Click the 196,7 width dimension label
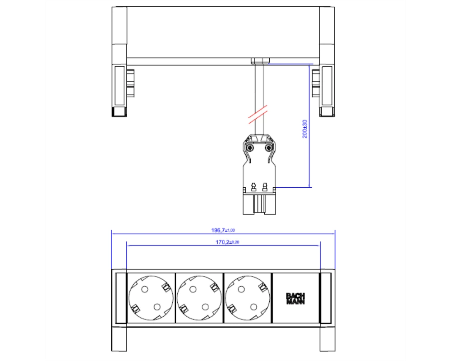click(x=223, y=230)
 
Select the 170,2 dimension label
click(x=227, y=242)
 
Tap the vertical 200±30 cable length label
click(x=305, y=129)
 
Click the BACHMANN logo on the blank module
click(x=295, y=299)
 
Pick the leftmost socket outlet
click(x=151, y=298)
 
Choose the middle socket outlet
click(x=199, y=298)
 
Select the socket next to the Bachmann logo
click(x=248, y=298)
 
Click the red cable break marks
click(x=258, y=115)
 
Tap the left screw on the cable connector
click(x=250, y=148)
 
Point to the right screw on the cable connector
click(x=268, y=148)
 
